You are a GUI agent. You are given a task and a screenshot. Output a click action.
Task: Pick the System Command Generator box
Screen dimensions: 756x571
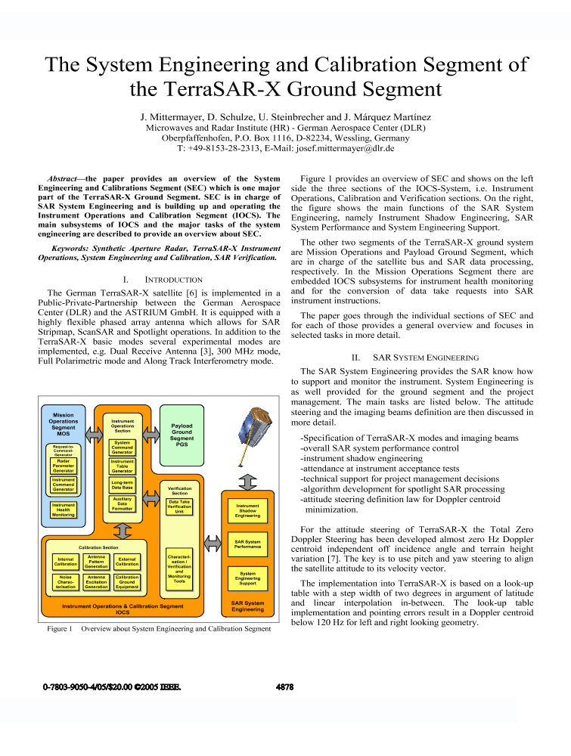(122, 447)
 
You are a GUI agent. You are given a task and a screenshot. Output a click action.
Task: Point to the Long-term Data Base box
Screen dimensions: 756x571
(122, 485)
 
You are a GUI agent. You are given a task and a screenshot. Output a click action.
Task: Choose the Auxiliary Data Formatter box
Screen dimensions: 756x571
(122, 504)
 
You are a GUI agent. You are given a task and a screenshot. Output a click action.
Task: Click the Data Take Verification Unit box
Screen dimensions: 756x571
(179, 507)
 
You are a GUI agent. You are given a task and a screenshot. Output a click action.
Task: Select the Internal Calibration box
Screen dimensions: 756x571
(66, 562)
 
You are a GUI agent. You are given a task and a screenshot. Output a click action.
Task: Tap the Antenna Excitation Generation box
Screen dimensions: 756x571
(96, 581)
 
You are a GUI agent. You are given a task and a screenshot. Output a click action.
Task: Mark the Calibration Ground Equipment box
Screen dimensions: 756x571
(127, 581)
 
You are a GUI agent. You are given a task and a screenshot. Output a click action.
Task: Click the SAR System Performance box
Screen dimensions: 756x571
(247, 544)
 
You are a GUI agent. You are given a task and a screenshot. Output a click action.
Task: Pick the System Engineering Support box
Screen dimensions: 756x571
(247, 579)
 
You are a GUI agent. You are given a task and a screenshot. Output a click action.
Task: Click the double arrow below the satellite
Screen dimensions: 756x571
(247, 481)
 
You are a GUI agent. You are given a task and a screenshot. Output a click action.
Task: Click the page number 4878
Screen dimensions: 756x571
(284, 687)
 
